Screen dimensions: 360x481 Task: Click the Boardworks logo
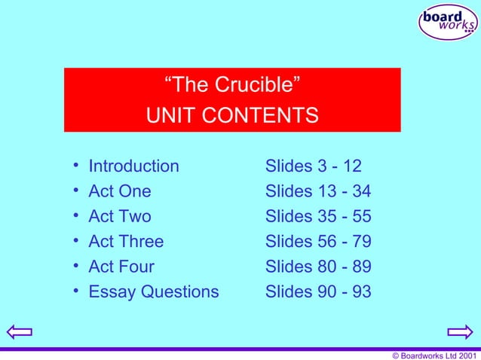[448, 22]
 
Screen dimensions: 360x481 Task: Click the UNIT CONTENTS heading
[232, 117]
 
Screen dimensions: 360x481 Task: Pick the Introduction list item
[133, 166]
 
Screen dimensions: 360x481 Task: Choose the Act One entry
[119, 191]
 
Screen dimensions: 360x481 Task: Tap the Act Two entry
[119, 217]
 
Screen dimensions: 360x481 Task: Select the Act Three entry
[126, 242]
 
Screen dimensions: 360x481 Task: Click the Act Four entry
[121, 267]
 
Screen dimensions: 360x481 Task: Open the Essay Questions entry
[154, 291]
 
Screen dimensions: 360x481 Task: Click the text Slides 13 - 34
[318, 191]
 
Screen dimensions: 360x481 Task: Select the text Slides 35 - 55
[318, 217]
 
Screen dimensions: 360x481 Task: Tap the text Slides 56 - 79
[318, 242]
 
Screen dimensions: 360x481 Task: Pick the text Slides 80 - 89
[318, 267]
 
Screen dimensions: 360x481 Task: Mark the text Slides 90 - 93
[318, 291]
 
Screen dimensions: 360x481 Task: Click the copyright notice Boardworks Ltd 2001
[431, 355]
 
